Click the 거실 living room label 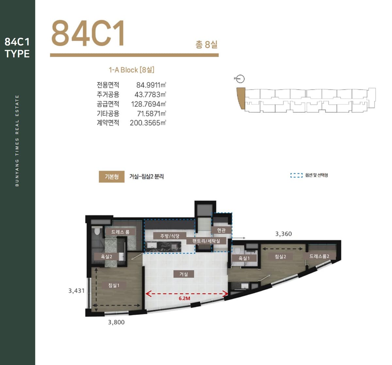184,274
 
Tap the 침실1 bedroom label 113,285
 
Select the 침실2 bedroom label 280,257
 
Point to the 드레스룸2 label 319,256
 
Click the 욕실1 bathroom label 244,258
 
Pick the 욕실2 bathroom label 106,257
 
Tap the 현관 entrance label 221,230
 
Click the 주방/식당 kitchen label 170,236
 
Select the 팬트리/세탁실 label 206,241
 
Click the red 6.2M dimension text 184,298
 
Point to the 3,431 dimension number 76,291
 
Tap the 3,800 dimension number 116,322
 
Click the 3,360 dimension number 284,234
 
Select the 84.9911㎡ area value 151,85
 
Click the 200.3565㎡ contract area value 148,123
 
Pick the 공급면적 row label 108,104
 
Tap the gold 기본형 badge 111,177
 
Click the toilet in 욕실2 97,231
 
